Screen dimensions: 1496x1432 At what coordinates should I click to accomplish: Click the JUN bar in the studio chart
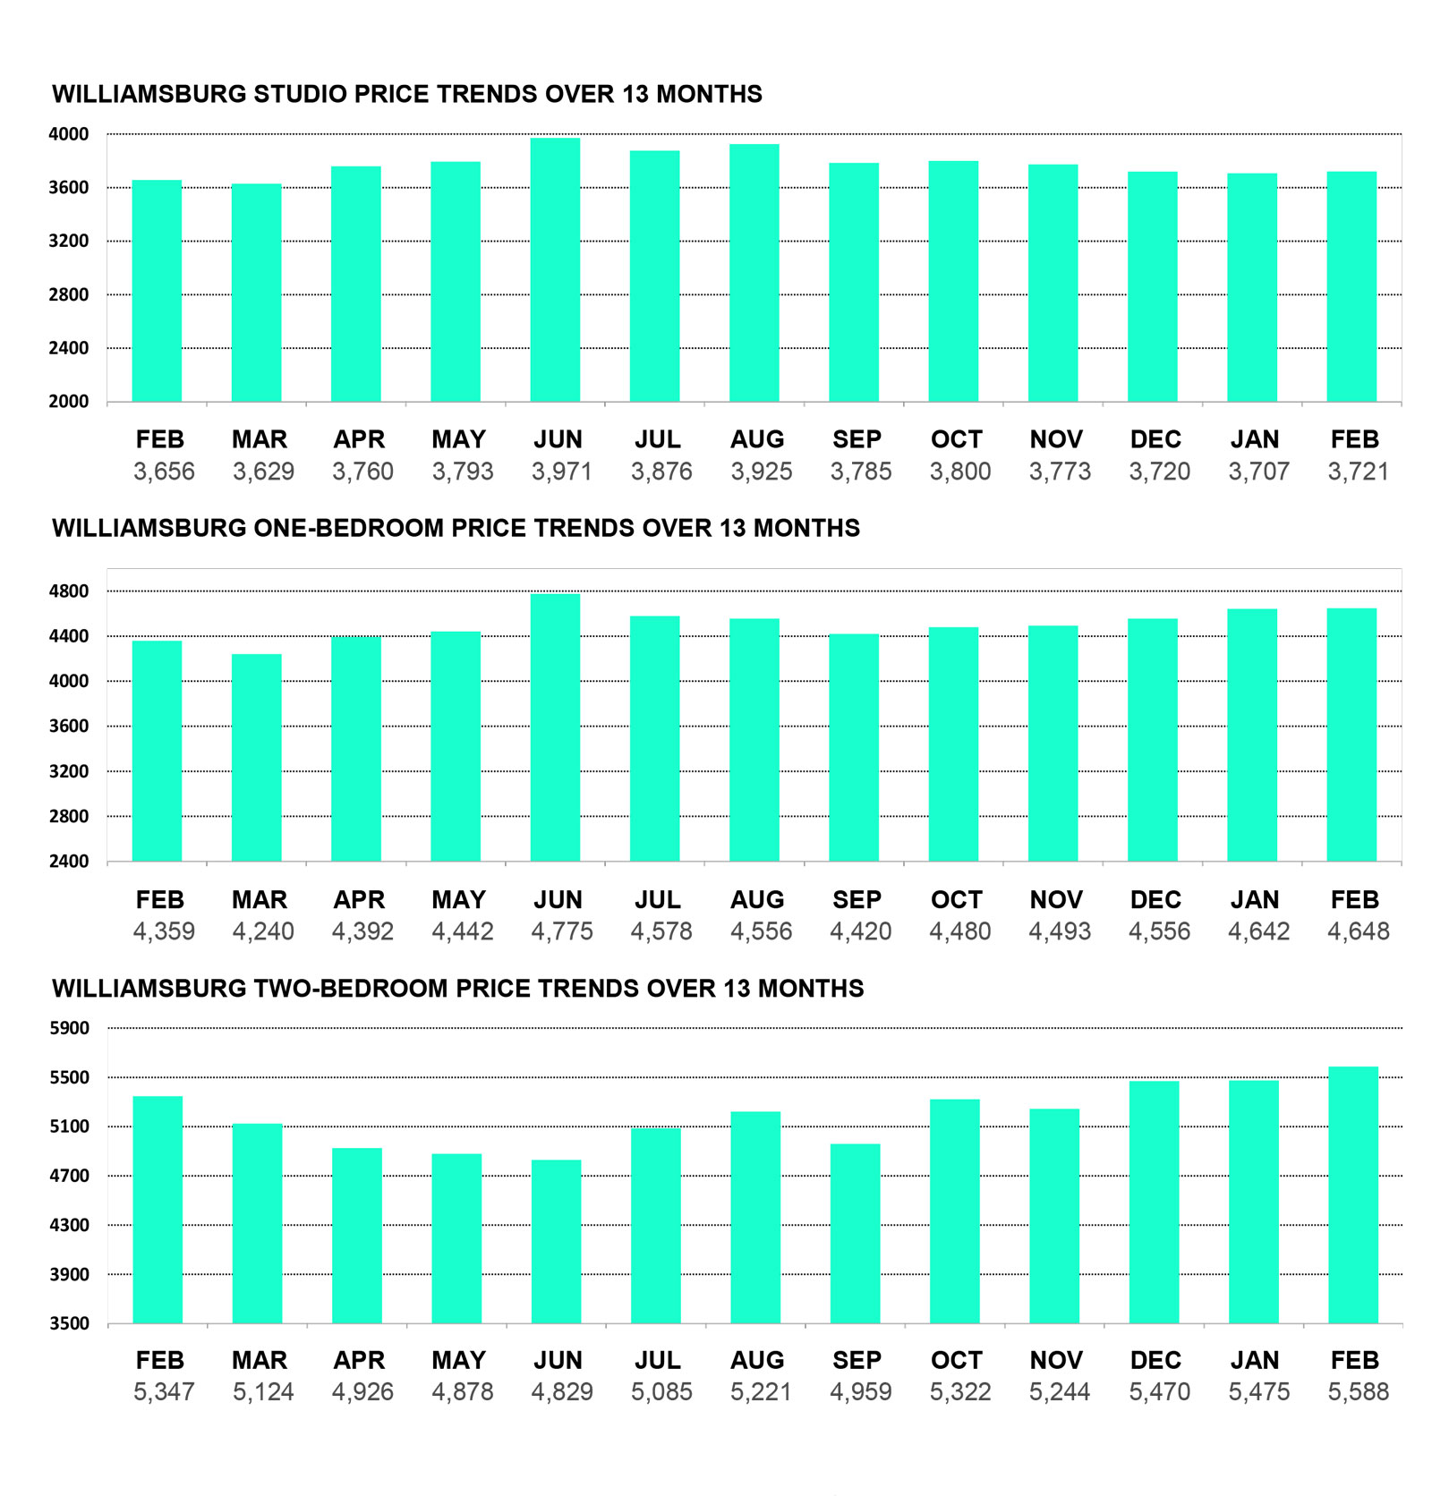tap(555, 269)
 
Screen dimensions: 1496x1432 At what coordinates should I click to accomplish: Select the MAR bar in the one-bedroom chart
tap(257, 757)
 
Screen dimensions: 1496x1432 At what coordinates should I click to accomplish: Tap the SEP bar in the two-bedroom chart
tap(855, 1233)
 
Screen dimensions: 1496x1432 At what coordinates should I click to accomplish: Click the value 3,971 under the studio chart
tap(562, 472)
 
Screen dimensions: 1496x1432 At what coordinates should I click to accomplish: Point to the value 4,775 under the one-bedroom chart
tap(562, 931)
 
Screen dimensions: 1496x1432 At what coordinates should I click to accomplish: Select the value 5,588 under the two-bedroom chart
tap(1358, 1391)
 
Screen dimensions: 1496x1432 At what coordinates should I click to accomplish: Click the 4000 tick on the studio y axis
tap(69, 134)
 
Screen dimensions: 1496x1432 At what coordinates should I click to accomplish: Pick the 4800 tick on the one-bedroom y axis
tap(69, 591)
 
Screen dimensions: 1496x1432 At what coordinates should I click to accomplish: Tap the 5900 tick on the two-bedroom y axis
tap(69, 1028)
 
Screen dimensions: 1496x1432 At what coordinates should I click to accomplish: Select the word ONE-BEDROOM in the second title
tap(348, 528)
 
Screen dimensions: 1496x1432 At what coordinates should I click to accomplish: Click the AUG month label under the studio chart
tap(757, 439)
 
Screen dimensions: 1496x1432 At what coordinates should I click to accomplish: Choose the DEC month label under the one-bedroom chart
tap(1155, 899)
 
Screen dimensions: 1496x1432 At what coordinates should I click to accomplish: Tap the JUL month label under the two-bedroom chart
tap(658, 1360)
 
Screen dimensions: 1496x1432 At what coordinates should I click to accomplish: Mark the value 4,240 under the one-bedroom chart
tap(263, 931)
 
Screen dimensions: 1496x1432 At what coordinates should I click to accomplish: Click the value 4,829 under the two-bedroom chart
tap(562, 1391)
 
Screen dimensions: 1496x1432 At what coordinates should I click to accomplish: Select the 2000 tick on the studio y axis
tap(69, 402)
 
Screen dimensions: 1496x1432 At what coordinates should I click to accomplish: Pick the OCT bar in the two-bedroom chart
tap(955, 1211)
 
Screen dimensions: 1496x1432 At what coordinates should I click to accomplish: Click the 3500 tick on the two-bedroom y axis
tap(69, 1323)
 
